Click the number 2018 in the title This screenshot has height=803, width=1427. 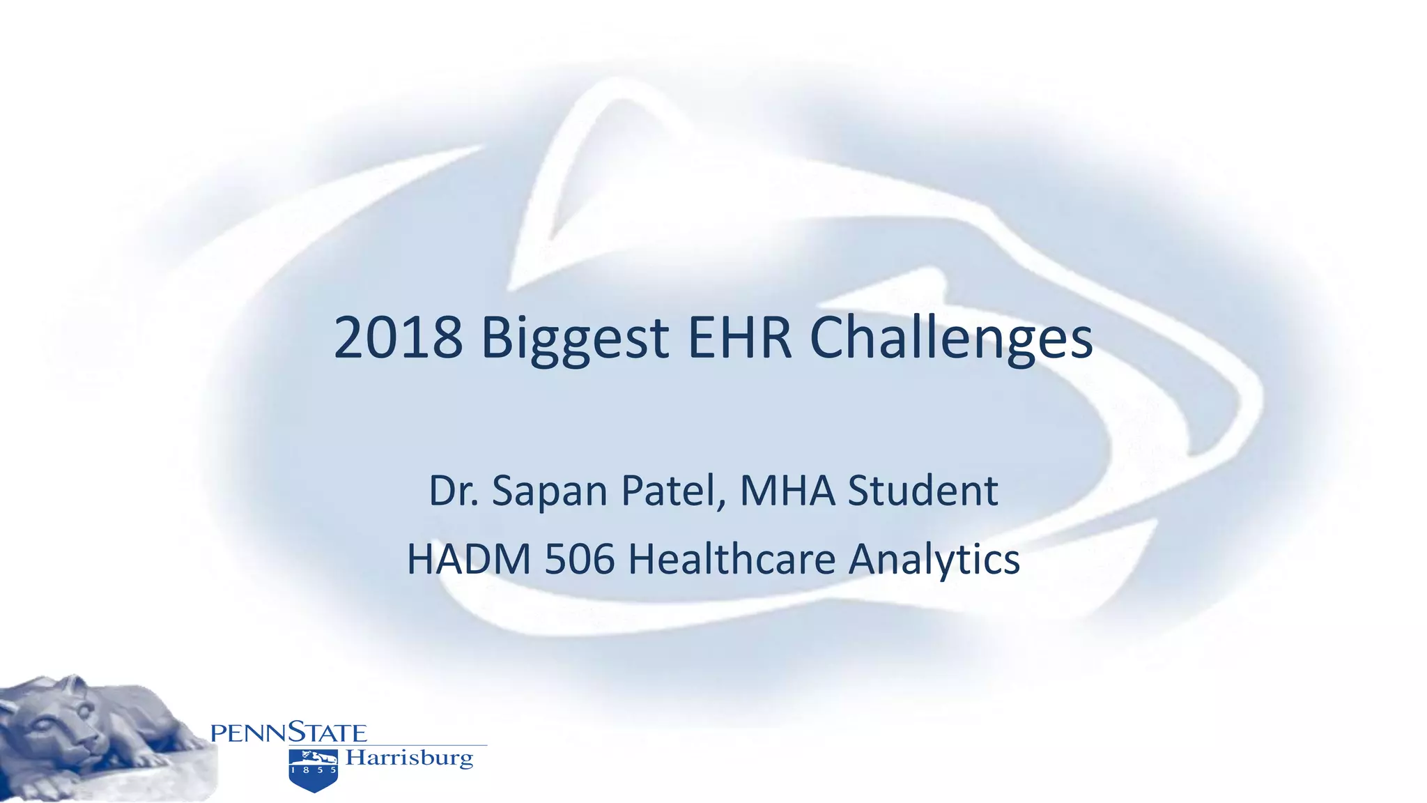click(x=398, y=338)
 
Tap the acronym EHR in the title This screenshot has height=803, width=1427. click(x=740, y=338)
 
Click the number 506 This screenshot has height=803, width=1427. click(x=580, y=559)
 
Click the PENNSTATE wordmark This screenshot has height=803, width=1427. click(x=288, y=733)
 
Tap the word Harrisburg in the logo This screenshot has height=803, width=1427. click(x=410, y=758)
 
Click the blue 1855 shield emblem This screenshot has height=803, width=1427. click(x=314, y=770)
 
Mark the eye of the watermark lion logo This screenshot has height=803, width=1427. click(x=913, y=293)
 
